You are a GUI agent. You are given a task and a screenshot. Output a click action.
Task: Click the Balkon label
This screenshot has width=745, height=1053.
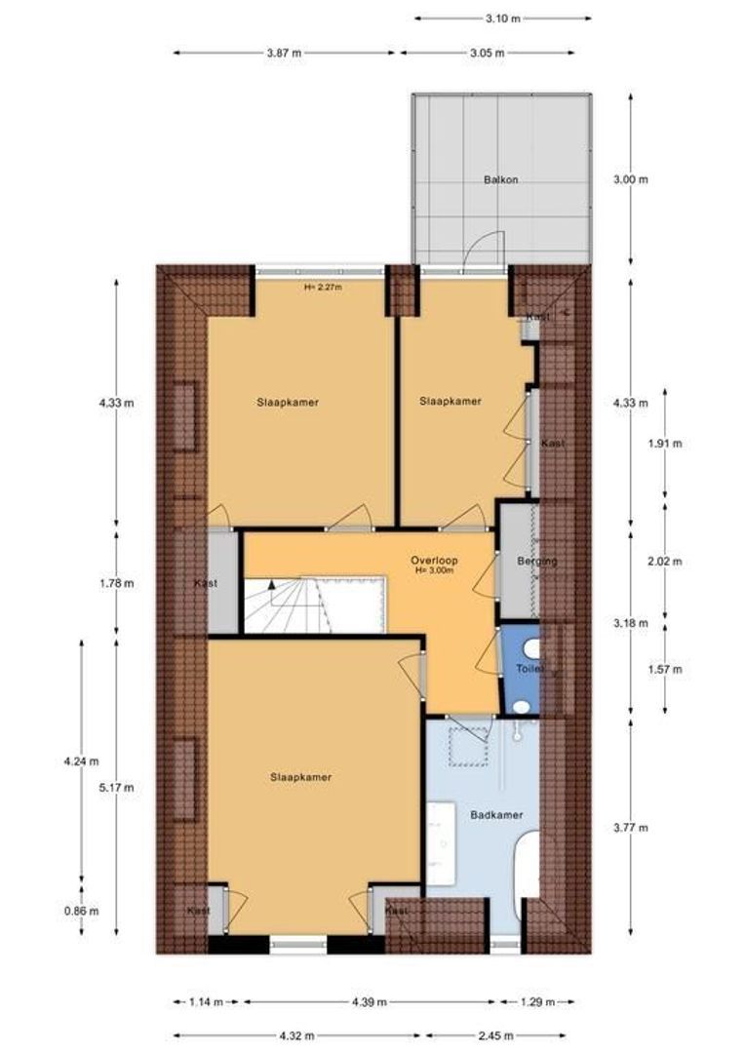pos(500,179)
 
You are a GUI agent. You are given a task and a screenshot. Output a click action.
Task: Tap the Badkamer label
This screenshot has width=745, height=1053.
pos(496,814)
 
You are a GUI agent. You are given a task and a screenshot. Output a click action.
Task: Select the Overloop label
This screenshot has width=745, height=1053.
pos(434,563)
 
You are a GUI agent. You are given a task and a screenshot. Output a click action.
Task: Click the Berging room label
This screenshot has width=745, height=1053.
pos(537,562)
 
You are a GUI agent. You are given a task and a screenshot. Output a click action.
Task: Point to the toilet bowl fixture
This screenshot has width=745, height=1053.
pos(530,648)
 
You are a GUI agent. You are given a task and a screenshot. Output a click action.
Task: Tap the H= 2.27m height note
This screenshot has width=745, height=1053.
pos(323,287)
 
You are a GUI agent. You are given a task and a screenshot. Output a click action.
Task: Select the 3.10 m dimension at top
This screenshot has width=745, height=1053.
pos(502,18)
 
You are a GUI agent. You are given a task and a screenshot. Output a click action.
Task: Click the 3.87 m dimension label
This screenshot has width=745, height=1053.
pos(284,53)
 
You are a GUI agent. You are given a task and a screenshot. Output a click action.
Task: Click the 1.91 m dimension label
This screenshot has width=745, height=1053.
pos(666,443)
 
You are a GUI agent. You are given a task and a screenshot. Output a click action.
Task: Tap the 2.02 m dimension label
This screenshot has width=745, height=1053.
pos(666,561)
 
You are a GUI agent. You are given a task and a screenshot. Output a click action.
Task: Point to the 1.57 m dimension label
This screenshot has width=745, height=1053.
pos(666,669)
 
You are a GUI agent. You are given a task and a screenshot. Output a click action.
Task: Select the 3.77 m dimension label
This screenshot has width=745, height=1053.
pos(631,828)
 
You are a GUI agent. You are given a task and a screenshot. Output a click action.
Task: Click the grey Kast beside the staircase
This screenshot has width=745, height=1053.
pos(223,583)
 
